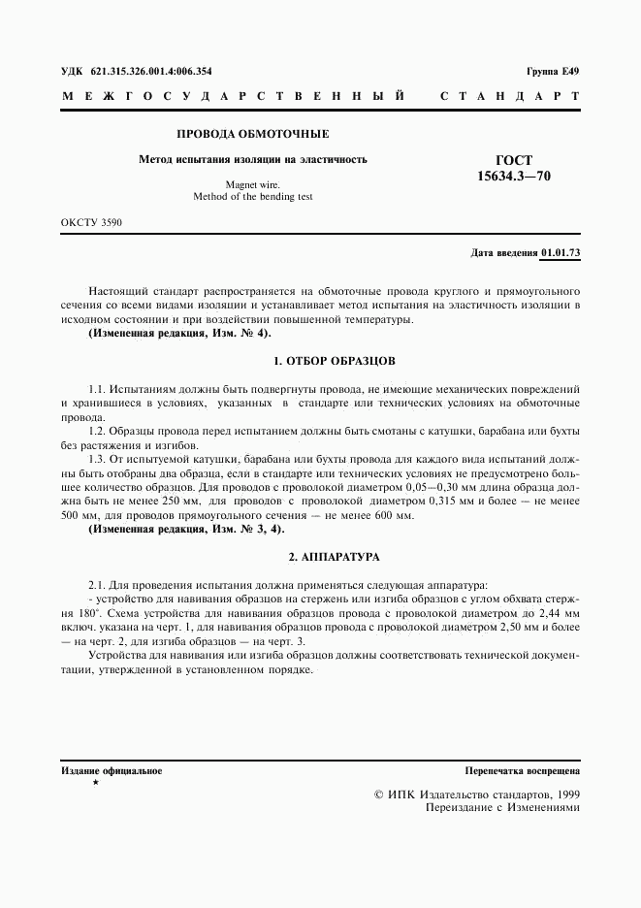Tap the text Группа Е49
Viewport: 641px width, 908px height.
coord(553,72)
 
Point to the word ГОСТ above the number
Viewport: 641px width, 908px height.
coord(514,160)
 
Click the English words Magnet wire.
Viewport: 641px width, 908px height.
coord(252,182)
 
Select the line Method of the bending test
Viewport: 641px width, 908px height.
coord(252,196)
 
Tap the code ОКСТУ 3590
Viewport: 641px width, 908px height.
coord(91,223)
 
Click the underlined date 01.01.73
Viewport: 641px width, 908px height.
coord(561,252)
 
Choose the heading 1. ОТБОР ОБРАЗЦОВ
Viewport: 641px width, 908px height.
coord(335,360)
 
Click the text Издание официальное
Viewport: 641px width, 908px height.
coord(112,771)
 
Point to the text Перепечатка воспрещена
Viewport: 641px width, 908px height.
coord(522,771)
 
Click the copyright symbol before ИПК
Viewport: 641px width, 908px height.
coord(379,794)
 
